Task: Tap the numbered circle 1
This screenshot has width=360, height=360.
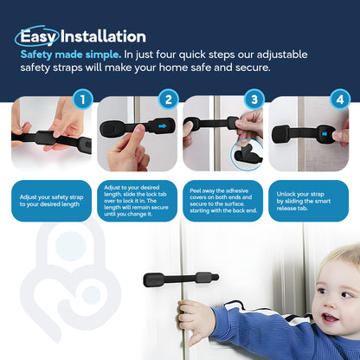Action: coord(82,100)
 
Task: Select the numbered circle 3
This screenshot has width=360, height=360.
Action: coord(254,100)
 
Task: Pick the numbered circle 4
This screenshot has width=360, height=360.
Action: coord(338,100)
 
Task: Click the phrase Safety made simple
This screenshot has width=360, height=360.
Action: coord(70,53)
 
